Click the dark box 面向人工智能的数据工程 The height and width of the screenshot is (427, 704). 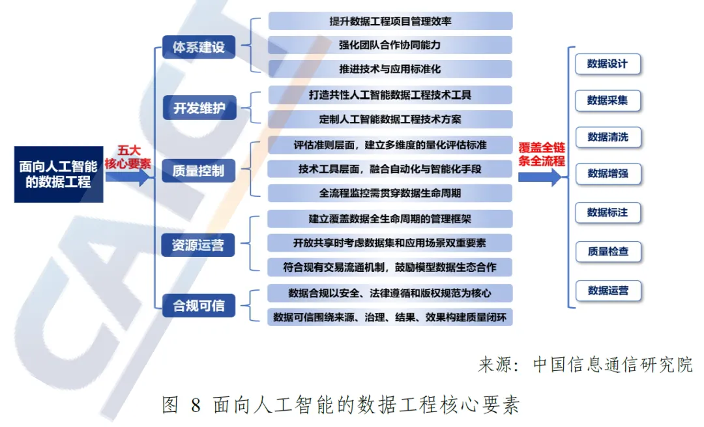[x=59, y=174]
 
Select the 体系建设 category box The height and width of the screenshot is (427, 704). [x=198, y=48]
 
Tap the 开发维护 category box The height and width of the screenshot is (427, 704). [x=199, y=108]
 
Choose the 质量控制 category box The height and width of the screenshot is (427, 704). [x=198, y=171]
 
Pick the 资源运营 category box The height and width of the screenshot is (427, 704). [x=198, y=245]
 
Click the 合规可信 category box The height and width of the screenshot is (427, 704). [x=198, y=305]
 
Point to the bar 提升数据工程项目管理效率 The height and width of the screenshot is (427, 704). [x=390, y=21]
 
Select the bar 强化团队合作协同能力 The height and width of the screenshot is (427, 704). [x=390, y=45]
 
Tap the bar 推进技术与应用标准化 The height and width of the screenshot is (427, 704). [x=390, y=69]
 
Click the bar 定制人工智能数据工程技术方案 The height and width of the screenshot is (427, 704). [x=390, y=119]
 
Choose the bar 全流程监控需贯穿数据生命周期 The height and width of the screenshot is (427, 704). [x=390, y=193]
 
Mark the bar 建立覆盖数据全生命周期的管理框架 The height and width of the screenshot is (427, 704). [x=390, y=218]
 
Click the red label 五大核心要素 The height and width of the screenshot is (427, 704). [x=128, y=158]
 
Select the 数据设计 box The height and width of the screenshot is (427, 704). [x=608, y=64]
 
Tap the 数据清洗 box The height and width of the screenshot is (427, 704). [x=608, y=138]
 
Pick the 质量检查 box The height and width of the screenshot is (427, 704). [x=608, y=252]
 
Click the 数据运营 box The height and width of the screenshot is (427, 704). [x=608, y=291]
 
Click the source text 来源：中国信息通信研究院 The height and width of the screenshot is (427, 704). [x=585, y=364]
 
